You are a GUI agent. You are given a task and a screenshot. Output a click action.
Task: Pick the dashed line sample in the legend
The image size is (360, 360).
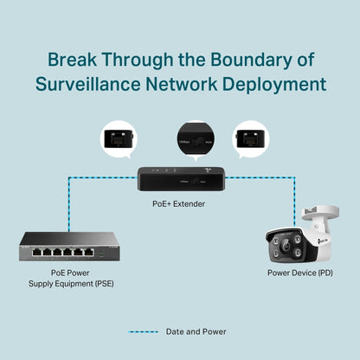(x=143, y=331)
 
